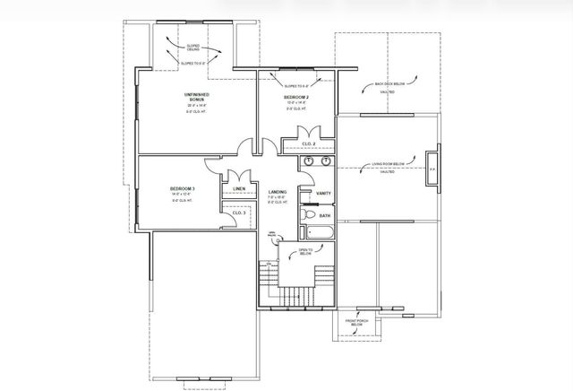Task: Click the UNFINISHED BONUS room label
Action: (195, 97)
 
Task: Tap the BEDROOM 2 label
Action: (296, 96)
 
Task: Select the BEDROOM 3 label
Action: (183, 188)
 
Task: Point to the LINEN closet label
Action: (239, 189)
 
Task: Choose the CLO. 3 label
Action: (238, 213)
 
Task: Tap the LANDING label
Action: (278, 192)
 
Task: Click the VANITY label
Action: (323, 193)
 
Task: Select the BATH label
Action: (325, 215)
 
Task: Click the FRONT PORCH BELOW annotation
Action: (356, 322)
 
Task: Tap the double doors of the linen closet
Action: (237, 177)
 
